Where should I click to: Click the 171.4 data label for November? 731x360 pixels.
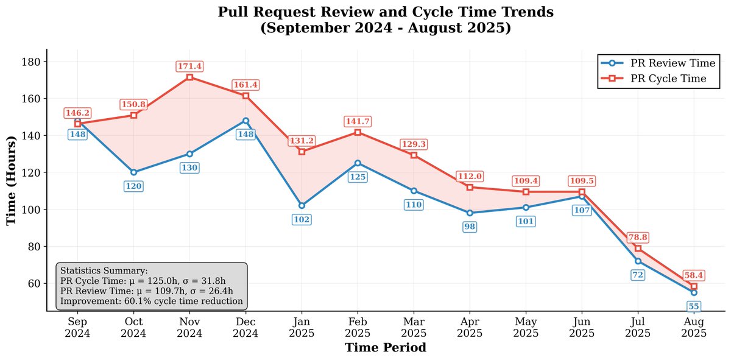click(x=189, y=66)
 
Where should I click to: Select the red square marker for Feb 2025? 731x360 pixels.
click(x=358, y=132)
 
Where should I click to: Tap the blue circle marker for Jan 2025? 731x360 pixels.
click(x=302, y=205)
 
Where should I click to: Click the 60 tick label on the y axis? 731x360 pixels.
click(x=35, y=284)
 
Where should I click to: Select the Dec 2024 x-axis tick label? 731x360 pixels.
click(x=245, y=327)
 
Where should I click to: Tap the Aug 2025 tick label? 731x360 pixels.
click(x=694, y=327)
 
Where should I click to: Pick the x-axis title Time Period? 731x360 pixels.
click(x=386, y=348)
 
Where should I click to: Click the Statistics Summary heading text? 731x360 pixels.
click(x=104, y=270)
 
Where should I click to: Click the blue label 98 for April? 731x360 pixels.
click(x=470, y=227)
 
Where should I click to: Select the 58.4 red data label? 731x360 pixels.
click(x=694, y=275)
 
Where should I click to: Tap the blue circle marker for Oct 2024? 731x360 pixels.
click(x=133, y=172)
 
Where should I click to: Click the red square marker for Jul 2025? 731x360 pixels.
click(x=638, y=249)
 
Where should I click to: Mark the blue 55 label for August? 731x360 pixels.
click(x=694, y=306)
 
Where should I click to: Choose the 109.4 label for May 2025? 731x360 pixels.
click(x=526, y=181)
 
